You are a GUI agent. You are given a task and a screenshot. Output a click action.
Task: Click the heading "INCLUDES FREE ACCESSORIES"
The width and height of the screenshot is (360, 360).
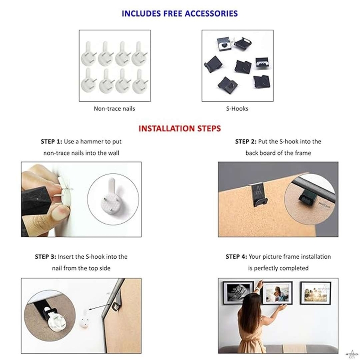pyautogui.click(x=180, y=13)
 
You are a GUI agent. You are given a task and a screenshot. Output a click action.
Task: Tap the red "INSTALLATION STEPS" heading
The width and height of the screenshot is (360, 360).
pyautogui.click(x=180, y=128)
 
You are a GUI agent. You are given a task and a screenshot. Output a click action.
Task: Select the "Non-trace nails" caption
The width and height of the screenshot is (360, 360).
pyautogui.click(x=114, y=108)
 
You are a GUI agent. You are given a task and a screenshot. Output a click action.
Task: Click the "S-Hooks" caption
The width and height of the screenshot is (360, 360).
pyautogui.click(x=237, y=108)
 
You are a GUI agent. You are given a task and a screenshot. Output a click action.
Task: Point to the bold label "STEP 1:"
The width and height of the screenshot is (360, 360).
pyautogui.click(x=51, y=142)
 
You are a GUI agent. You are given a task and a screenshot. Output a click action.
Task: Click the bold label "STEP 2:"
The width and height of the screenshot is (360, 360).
pyautogui.click(x=246, y=142)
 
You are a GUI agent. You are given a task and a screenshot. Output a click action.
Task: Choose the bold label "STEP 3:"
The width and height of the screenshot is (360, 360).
pyautogui.click(x=45, y=256)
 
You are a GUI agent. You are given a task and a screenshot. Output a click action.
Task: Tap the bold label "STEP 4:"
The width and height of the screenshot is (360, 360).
pyautogui.click(x=236, y=256)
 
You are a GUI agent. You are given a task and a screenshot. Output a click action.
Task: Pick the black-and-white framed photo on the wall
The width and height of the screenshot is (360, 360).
pyautogui.click(x=238, y=292)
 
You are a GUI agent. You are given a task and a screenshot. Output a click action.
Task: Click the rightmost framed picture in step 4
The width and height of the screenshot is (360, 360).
pyautogui.click(x=316, y=293)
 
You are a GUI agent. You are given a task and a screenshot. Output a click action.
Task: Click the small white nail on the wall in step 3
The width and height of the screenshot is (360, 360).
pyautogui.click(x=84, y=319)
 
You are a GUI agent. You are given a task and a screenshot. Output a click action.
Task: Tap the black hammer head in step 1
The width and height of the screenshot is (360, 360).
pyautogui.click(x=37, y=200)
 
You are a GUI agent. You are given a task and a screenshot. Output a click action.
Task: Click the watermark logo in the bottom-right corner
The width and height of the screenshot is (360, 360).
pyautogui.click(x=351, y=354)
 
